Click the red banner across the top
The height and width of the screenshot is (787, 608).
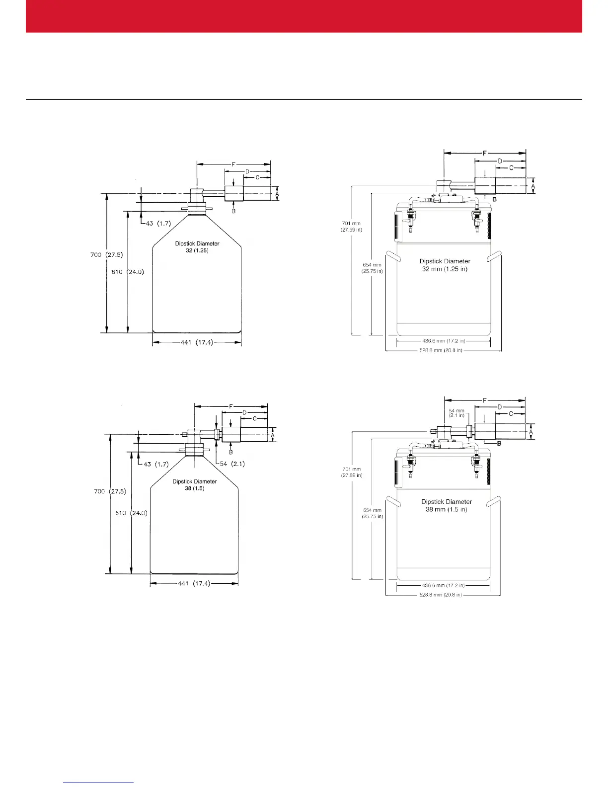pos(304,16)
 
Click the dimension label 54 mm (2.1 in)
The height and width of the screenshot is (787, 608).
pos(456,413)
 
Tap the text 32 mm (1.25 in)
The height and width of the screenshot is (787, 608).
pos(445,269)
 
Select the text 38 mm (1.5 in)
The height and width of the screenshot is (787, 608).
pos(446,510)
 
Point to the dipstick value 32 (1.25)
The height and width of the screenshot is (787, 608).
pos(197,251)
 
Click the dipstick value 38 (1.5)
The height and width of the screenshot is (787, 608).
pos(195,488)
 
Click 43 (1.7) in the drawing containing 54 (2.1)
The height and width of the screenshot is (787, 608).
pos(156,464)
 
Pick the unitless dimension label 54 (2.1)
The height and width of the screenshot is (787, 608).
pos(232,464)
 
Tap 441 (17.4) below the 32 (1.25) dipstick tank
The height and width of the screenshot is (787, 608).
pos(197,342)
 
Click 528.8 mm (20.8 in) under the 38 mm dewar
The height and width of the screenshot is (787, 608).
pos(441,595)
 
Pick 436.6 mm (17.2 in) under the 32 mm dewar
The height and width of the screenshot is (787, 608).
pos(444,341)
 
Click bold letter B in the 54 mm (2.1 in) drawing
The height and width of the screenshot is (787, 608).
pos(499,444)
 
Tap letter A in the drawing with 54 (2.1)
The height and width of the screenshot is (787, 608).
pos(273,434)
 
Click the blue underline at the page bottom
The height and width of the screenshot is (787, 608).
pos(99,783)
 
